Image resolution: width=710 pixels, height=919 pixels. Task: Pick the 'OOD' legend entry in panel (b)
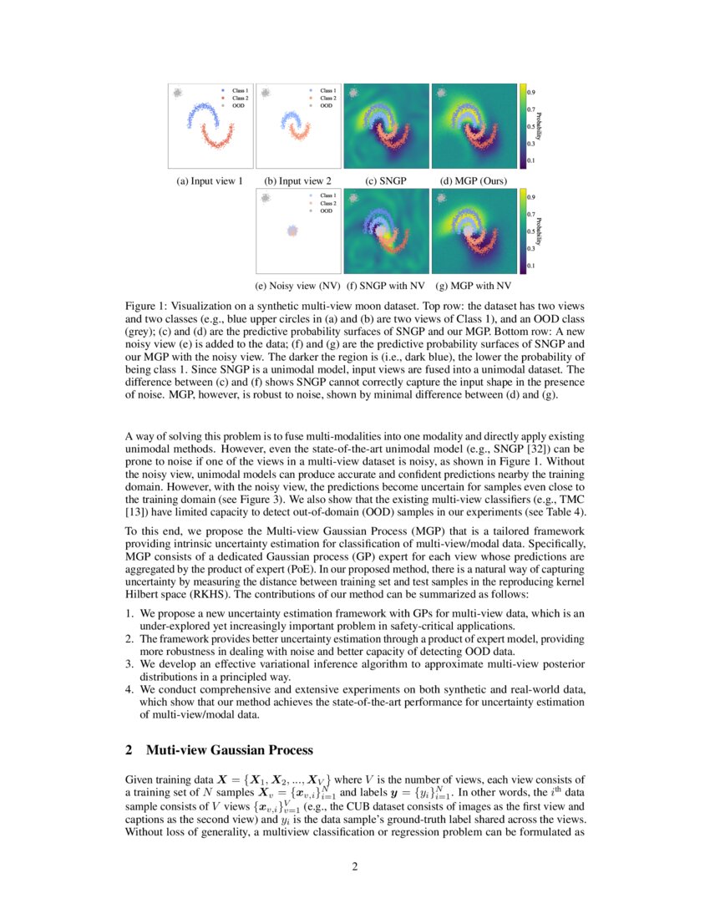click(326, 106)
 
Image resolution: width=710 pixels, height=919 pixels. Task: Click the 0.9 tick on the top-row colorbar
click(531, 91)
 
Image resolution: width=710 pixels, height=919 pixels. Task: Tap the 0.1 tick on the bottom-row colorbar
click(531, 266)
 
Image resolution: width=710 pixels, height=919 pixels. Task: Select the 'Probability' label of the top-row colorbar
click(540, 125)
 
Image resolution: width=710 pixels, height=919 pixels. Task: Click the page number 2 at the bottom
click(355, 866)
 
